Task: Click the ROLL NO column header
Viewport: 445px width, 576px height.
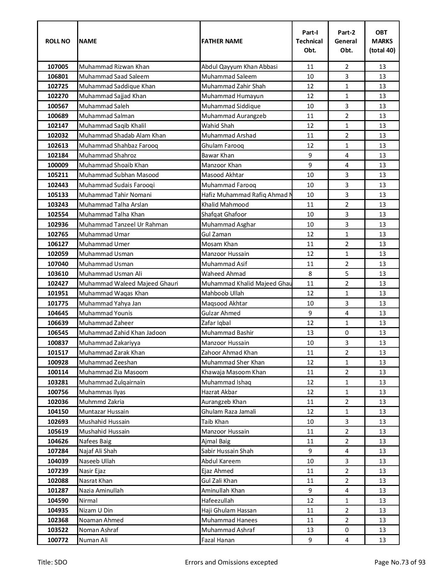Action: [58, 41]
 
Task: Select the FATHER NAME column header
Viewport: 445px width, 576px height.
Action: [222, 41]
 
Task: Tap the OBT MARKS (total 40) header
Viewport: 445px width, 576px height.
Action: [382, 41]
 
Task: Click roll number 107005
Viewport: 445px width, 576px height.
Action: [58, 67]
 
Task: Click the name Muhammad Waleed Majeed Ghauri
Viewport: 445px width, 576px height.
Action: [128, 283]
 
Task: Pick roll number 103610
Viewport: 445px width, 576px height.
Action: [58, 274]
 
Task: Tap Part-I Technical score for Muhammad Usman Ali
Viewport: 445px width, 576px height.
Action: [310, 274]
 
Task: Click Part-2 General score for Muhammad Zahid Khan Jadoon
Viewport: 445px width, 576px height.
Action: [346, 333]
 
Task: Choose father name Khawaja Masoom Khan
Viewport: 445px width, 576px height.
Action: [233, 372]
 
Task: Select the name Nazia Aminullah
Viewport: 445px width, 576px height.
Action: [101, 490]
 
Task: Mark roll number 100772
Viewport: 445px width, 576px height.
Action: [58, 540]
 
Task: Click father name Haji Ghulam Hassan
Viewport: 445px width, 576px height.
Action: [229, 510]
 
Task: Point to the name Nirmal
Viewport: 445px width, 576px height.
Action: [88, 501]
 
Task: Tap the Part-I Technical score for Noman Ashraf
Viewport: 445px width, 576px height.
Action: [310, 530]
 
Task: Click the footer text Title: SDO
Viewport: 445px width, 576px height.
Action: [52, 562]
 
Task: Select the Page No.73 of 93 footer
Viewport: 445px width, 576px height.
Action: [400, 562]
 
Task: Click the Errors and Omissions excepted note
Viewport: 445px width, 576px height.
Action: [231, 562]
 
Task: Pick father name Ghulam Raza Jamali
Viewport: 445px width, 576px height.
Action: [228, 412]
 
